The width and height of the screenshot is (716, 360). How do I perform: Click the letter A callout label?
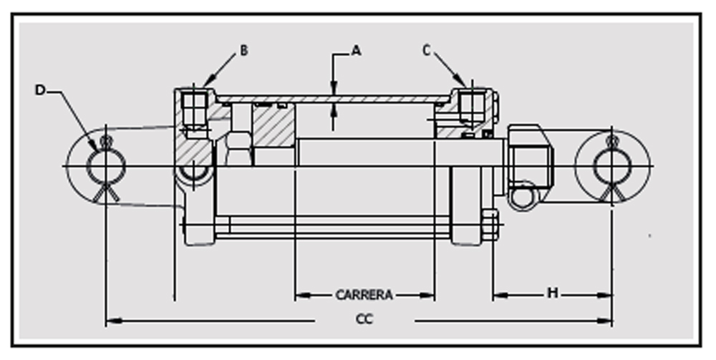point(356,51)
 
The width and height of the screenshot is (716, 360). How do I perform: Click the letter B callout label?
point(244,50)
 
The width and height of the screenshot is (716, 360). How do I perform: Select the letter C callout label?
point(426,51)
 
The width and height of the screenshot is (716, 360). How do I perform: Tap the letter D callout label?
point(41,90)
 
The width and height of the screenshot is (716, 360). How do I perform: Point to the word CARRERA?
point(364,295)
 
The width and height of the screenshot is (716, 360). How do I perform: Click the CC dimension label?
point(364,319)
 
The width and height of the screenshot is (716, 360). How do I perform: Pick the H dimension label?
point(553,293)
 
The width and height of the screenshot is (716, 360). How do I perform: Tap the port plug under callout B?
point(194,109)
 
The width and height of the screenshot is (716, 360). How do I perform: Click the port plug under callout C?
point(470,107)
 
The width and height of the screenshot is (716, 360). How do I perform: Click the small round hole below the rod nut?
point(524,195)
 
